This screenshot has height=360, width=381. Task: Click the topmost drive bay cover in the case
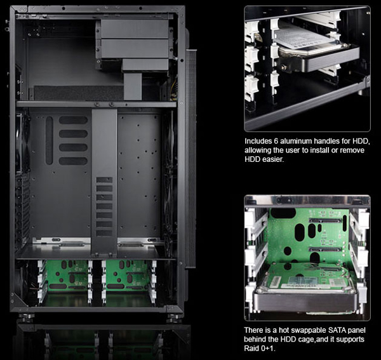click(135, 29)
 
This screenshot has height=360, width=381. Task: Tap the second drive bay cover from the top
click(135, 49)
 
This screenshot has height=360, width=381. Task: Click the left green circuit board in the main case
click(67, 275)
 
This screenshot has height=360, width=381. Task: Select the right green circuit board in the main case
click(127, 275)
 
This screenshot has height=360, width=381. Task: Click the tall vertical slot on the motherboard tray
click(49, 140)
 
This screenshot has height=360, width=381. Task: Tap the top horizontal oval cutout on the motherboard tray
click(73, 120)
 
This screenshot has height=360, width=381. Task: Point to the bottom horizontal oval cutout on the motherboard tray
click(73, 161)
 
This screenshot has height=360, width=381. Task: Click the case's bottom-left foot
click(26, 317)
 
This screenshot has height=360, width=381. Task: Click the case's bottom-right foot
click(174, 317)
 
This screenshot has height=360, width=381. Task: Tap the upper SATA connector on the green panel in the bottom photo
click(325, 220)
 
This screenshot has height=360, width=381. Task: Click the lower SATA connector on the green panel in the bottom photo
click(324, 250)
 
